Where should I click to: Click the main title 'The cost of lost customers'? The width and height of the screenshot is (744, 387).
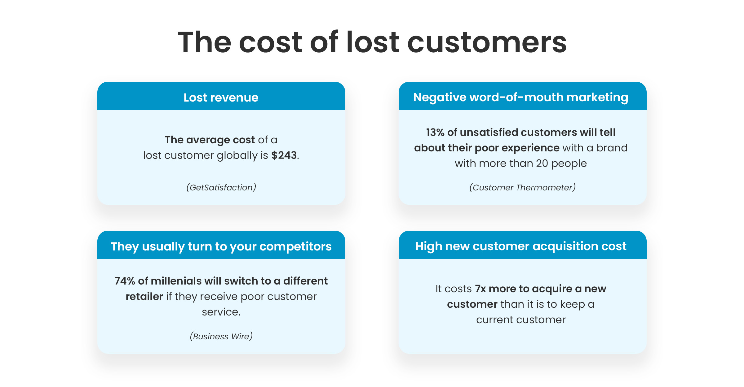coord(372,42)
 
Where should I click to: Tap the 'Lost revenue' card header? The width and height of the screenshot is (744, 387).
coord(221,98)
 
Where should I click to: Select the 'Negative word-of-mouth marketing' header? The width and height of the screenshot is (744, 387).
coord(521,98)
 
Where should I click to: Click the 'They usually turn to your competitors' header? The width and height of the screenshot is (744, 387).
coord(221,246)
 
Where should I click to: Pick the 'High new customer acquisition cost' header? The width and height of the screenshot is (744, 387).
coord(521,246)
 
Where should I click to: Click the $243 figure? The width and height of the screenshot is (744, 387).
coord(284,155)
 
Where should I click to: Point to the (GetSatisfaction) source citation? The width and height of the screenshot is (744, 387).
coord(221,187)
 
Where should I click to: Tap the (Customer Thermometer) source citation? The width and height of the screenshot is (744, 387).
coord(523,187)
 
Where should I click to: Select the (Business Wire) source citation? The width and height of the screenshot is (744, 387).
coord(221,336)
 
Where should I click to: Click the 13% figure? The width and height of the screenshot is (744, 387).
coord(435,132)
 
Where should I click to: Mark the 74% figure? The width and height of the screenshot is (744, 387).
coord(125,281)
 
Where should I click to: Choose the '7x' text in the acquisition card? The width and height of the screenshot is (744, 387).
coord(480,289)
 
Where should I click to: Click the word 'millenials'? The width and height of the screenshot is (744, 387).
coord(176,281)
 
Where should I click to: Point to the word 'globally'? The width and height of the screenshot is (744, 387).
coord(237,155)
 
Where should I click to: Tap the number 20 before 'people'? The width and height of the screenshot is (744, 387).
coord(542,163)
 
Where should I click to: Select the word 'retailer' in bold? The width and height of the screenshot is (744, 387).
coord(144,296)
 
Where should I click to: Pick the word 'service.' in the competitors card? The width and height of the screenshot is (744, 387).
coord(221,312)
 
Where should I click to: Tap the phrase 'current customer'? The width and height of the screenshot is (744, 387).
coord(521,320)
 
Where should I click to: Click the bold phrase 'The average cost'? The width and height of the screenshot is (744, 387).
coord(210,140)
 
